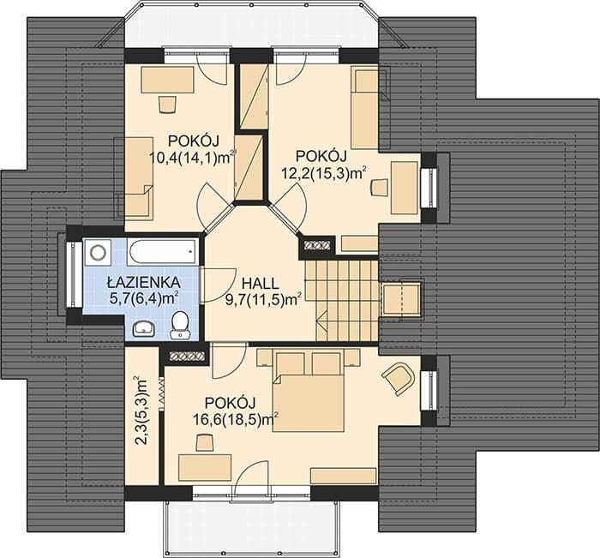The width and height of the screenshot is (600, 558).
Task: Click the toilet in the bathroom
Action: [x=180, y=325]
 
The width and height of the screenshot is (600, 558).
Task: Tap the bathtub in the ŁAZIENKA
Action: [x=164, y=251]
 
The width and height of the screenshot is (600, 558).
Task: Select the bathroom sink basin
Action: [x=144, y=328]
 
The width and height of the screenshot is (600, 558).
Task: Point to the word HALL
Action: [x=261, y=284]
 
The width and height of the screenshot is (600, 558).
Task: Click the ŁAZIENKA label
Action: [x=143, y=283]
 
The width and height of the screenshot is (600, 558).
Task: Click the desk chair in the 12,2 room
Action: [x=380, y=187]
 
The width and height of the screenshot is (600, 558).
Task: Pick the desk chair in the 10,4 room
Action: [x=167, y=104]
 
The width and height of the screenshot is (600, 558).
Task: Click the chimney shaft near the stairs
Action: [x=317, y=245]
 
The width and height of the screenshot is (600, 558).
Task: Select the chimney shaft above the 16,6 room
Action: [x=186, y=357]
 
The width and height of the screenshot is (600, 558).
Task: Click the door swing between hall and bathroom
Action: [x=218, y=285]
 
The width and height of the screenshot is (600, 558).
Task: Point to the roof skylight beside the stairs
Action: [x=402, y=299]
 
